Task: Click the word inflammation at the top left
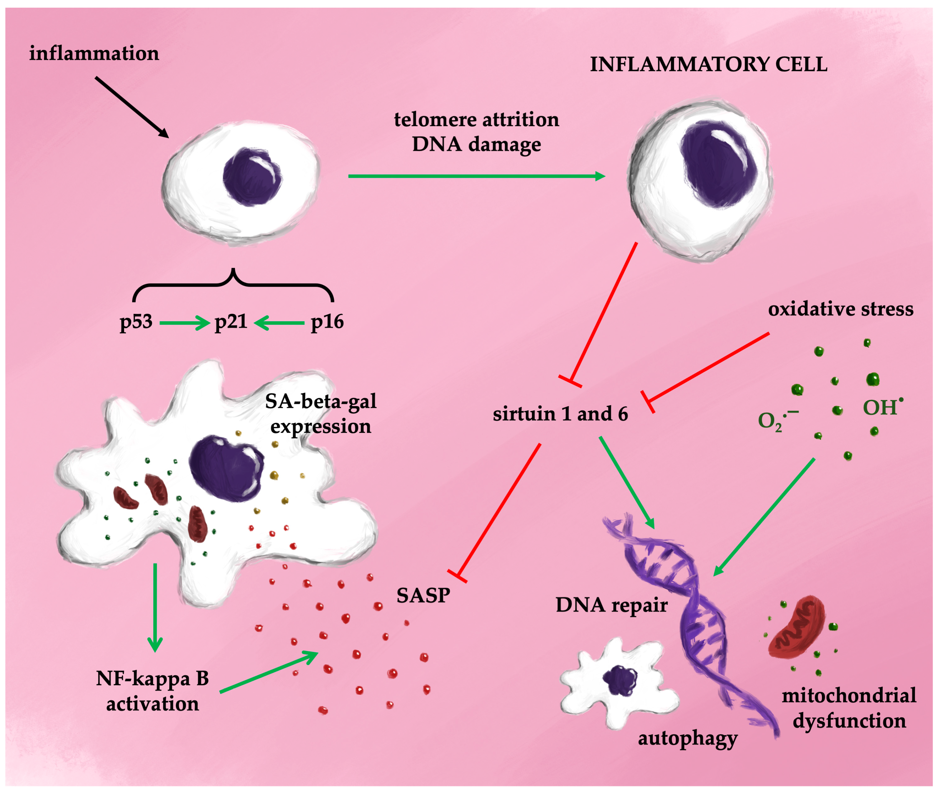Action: [x=94, y=53]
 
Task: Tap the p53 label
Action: [x=136, y=322]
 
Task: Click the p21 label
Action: [x=231, y=322]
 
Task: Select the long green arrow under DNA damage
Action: [x=476, y=176]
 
